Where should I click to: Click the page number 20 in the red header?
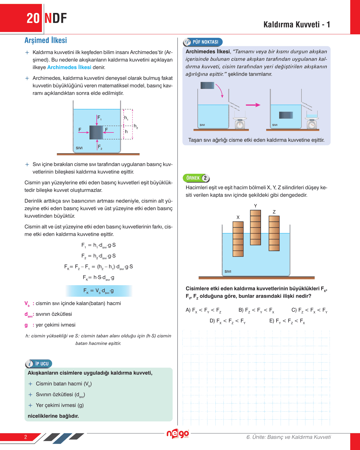pos(33,18)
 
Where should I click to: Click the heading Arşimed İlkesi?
pos(46,40)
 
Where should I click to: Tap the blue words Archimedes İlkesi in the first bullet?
pos(69,67)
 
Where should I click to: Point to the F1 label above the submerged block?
pos(99,117)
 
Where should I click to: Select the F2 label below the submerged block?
pos(100,147)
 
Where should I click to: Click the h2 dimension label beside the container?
pos(136,126)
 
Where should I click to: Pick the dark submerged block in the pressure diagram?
pos(96,132)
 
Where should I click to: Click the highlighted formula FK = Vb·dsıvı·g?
pos(99,291)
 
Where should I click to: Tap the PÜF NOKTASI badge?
pos(203,42)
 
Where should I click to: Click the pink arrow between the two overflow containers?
pos(253,105)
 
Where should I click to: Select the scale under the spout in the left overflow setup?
pos(240,123)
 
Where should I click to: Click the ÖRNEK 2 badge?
pos(196,178)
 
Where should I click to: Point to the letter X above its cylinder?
pos(238,217)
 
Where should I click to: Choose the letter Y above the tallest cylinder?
pos(255,206)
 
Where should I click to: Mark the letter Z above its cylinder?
pos(274,212)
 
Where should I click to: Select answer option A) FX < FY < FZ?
pos(203,310)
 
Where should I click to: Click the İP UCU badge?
pos(39,364)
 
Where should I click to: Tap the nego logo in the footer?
pos(178,434)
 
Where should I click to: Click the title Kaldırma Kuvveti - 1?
pos(296,25)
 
